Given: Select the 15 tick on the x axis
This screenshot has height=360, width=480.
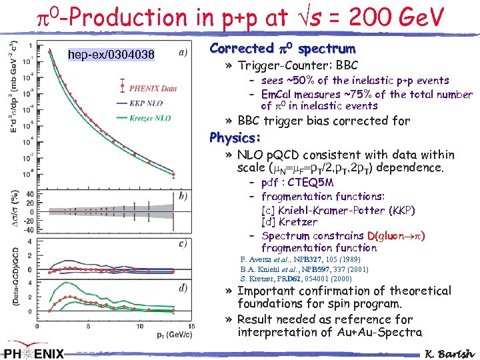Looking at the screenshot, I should point(192,327).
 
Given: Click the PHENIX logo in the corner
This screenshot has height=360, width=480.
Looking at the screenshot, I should point(34,352).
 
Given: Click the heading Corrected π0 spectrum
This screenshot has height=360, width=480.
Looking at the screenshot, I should point(282,49).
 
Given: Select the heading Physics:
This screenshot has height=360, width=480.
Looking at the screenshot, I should point(234,138).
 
